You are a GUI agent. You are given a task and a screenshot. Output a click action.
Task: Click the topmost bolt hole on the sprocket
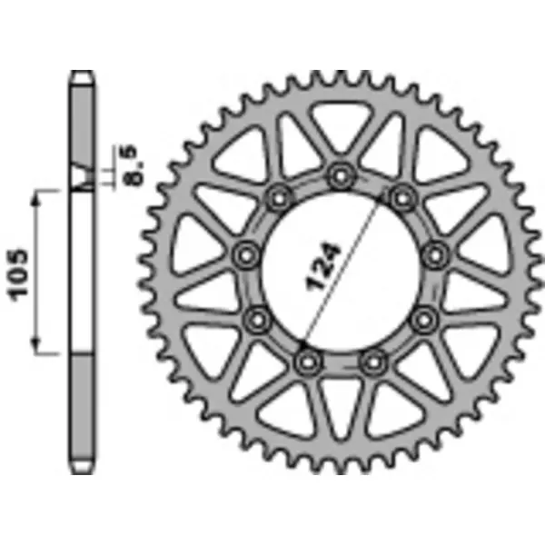[340, 173]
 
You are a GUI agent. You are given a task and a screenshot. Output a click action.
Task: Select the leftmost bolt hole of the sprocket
[244, 255]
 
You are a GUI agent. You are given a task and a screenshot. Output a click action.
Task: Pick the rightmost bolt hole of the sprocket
[437, 253]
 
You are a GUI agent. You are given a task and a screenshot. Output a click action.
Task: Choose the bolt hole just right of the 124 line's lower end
[370, 362]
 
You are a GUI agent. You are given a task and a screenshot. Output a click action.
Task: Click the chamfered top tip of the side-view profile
[83, 76]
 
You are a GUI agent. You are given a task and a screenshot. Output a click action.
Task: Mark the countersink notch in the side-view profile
[83, 178]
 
